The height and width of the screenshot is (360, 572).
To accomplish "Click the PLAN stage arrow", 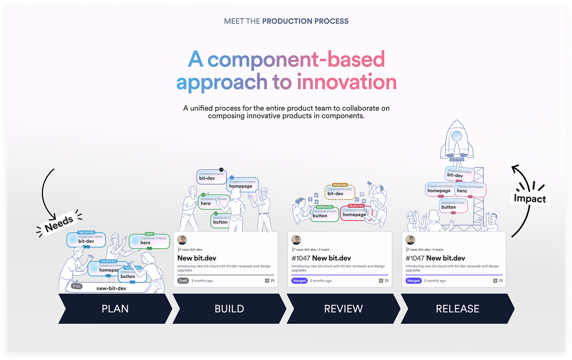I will pyautogui.click(x=115, y=309).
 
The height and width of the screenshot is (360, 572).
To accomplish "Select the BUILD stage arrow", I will pyautogui.click(x=229, y=309).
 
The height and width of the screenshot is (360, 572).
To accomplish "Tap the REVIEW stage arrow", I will pyautogui.click(x=343, y=309).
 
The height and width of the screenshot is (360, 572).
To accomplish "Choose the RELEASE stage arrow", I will pyautogui.click(x=457, y=309).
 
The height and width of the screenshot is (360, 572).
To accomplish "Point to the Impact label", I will pyautogui.click(x=529, y=198).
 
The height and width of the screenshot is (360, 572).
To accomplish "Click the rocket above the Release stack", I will pyautogui.click(x=456, y=141).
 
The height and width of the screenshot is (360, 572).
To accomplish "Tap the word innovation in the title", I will pyautogui.click(x=347, y=82).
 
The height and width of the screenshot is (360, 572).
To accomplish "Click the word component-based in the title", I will pyautogui.click(x=296, y=60).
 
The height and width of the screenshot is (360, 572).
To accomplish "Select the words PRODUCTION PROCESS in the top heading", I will pyautogui.click(x=305, y=21).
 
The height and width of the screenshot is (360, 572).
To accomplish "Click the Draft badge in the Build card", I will pyautogui.click(x=183, y=281).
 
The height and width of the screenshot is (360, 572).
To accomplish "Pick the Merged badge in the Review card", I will pyautogui.click(x=299, y=281).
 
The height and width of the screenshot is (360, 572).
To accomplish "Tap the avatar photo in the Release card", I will pyautogui.click(x=410, y=240).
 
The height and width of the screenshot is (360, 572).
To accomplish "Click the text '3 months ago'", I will pyautogui.click(x=202, y=281).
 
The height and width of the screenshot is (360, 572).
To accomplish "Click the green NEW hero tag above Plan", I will pyautogui.click(x=149, y=241).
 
